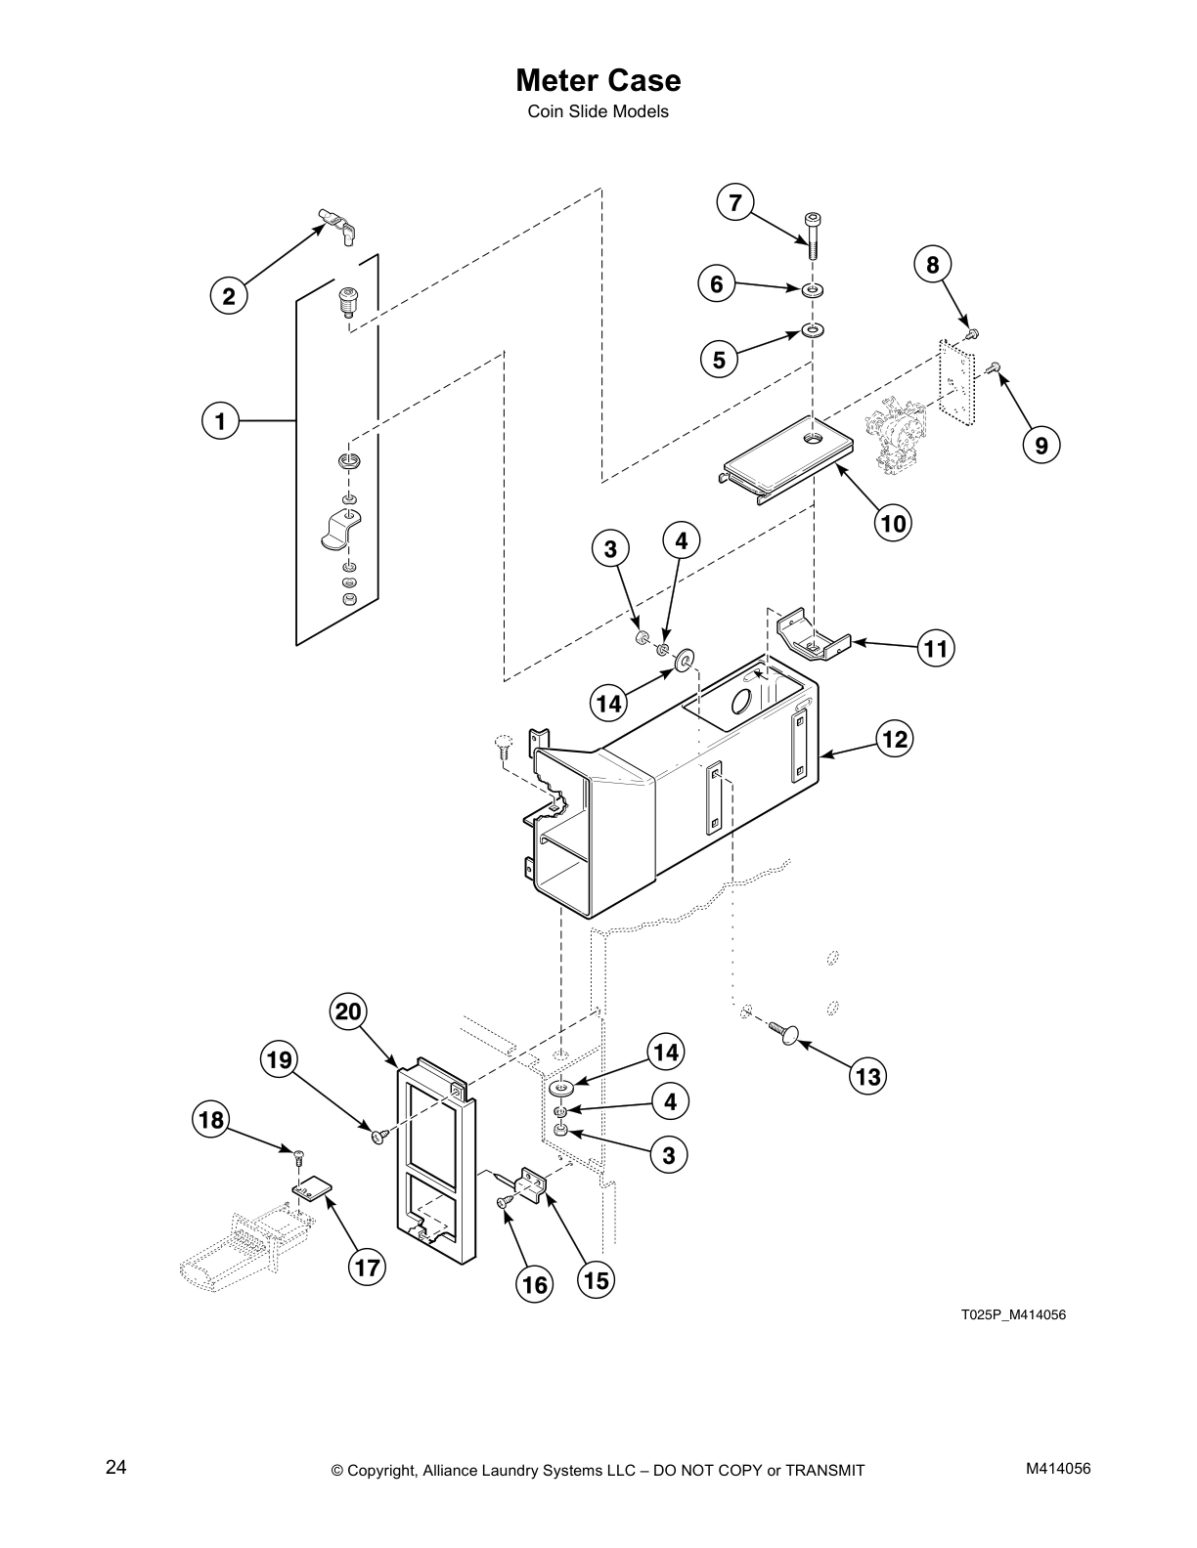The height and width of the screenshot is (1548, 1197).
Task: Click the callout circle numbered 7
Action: click(x=734, y=203)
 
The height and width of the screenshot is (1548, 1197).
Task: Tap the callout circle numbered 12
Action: click(x=895, y=740)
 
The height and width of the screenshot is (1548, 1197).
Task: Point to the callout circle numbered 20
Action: click(x=349, y=1011)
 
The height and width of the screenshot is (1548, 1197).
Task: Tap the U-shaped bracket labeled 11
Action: click(x=811, y=639)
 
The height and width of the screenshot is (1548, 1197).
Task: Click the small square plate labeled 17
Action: click(x=312, y=1191)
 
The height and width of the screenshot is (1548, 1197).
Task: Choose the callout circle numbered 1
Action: click(x=220, y=422)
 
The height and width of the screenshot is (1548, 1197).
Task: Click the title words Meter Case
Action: click(x=598, y=79)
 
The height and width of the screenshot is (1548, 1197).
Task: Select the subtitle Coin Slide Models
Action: click(x=598, y=111)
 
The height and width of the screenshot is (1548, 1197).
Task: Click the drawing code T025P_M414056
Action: click(x=1012, y=1314)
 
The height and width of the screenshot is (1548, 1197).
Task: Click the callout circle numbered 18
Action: click(x=211, y=1119)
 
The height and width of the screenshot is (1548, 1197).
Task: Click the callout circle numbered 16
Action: click(x=535, y=1284)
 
